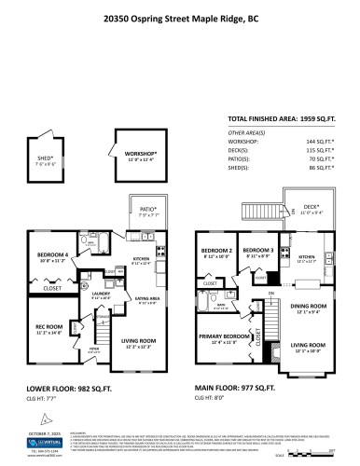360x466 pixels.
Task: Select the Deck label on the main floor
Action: pos(312,209)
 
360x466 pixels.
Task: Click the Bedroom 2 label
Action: pos(216,252)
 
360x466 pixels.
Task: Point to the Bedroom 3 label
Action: pos(256,252)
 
